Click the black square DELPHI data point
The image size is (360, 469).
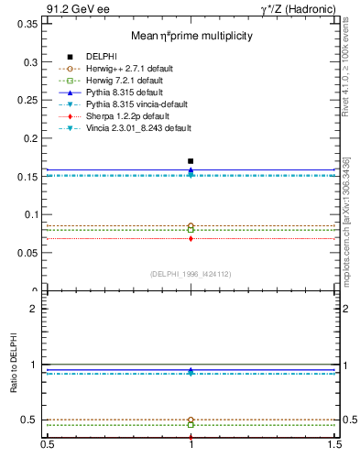coord(191,161)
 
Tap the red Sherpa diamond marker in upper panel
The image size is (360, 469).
coord(191,238)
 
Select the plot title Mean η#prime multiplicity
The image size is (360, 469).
coord(190,37)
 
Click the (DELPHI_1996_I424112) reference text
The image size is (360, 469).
coord(191,274)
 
